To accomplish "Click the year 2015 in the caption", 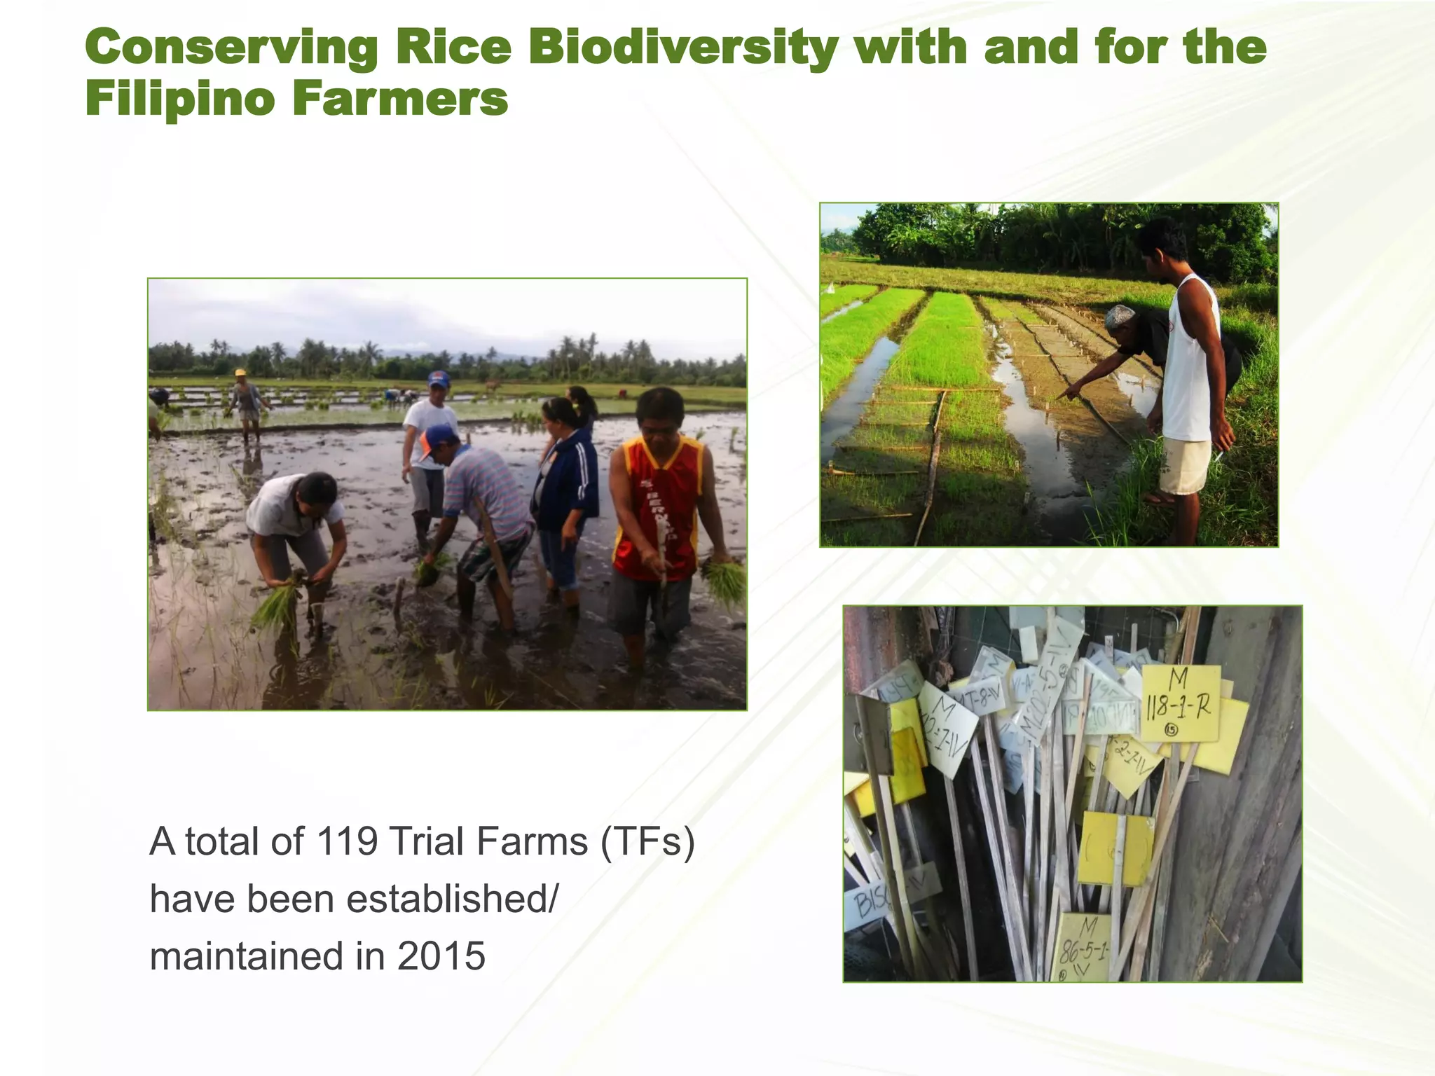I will click(x=441, y=956).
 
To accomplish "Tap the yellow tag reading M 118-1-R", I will click(x=1180, y=703).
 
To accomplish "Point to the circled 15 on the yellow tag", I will click(x=1171, y=731).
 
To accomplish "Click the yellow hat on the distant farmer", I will click(x=240, y=373).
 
